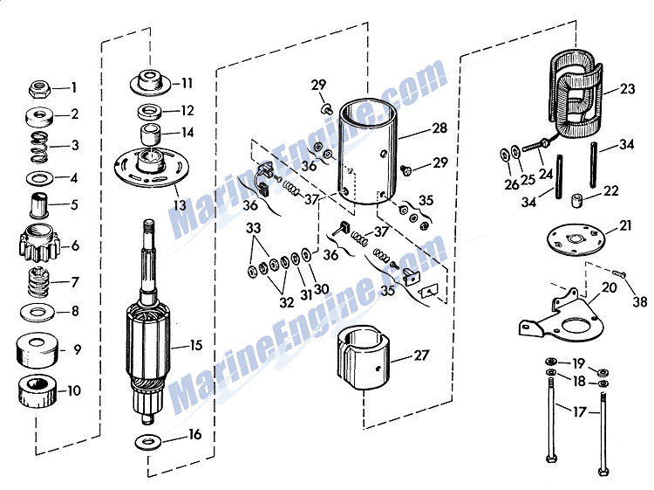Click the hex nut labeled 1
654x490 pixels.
[x=39, y=89]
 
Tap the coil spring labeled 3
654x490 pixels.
[x=40, y=148]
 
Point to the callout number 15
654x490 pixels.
[x=196, y=346]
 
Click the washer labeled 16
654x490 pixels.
[x=149, y=441]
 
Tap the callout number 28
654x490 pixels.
[x=440, y=128]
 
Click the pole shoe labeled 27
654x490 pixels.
[x=363, y=357]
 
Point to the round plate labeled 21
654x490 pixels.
[x=576, y=240]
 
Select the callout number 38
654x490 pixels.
[x=640, y=301]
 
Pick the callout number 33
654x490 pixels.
[x=253, y=229]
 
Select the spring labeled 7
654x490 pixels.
[x=38, y=282]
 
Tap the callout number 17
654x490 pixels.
[x=579, y=412]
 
